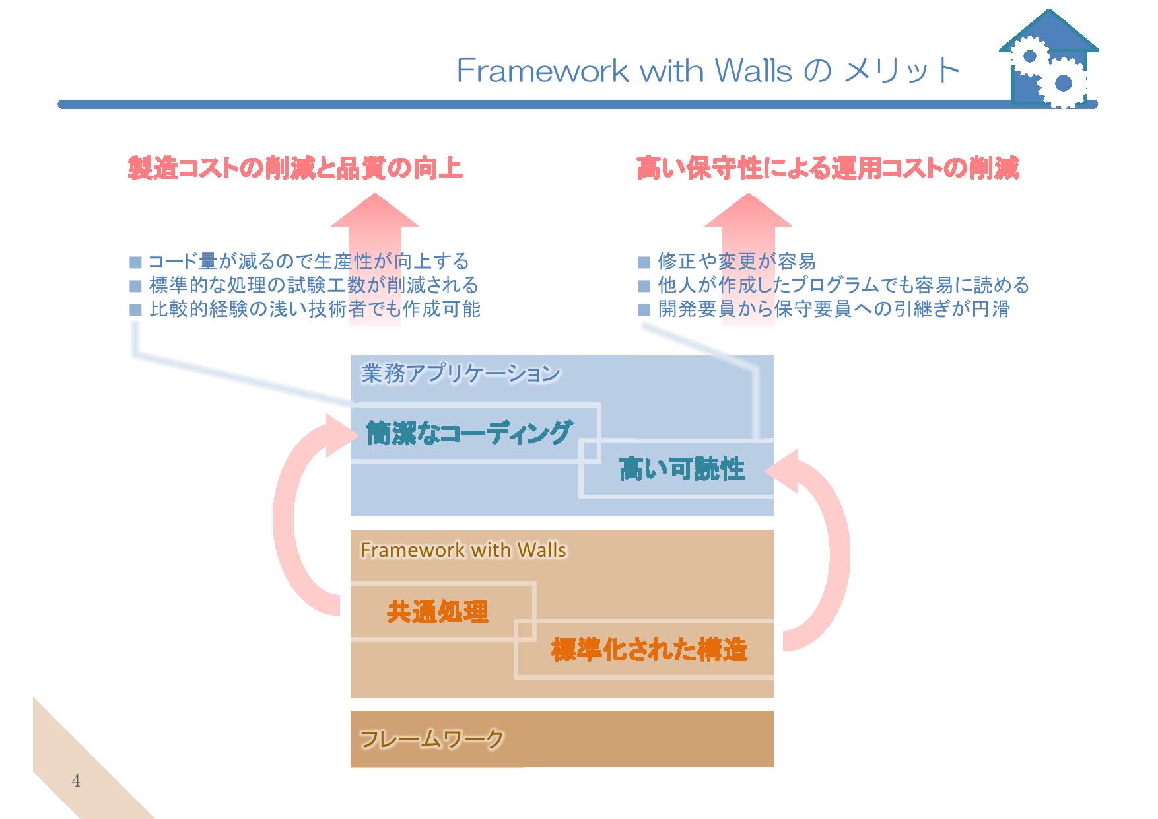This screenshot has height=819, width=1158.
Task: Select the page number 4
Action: point(76,781)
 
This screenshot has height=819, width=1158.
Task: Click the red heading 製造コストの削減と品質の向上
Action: point(294,168)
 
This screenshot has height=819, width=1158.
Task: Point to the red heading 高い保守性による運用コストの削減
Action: point(828,168)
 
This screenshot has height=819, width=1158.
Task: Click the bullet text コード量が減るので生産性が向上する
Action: point(308,262)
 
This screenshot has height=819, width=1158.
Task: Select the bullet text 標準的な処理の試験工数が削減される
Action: point(314,285)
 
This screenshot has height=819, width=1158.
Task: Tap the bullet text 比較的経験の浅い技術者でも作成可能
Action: point(314,308)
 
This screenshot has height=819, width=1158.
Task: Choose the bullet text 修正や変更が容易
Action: point(737,262)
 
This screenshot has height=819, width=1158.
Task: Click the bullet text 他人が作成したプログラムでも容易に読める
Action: point(844,285)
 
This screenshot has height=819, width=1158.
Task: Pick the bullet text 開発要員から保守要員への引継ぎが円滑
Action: point(834,308)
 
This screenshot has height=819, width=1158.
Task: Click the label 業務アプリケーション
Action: point(461,374)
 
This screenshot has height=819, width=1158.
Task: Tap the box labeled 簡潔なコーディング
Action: point(475,433)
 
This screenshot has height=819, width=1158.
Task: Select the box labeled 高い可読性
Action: point(677,469)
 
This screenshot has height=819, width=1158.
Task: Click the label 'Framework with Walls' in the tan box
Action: point(463,550)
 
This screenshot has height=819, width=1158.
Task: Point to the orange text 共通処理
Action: point(437,612)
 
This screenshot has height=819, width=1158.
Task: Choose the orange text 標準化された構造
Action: point(649,650)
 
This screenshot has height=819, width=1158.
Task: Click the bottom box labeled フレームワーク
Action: point(562,739)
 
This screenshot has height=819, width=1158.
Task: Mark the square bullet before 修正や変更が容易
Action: point(644,262)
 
